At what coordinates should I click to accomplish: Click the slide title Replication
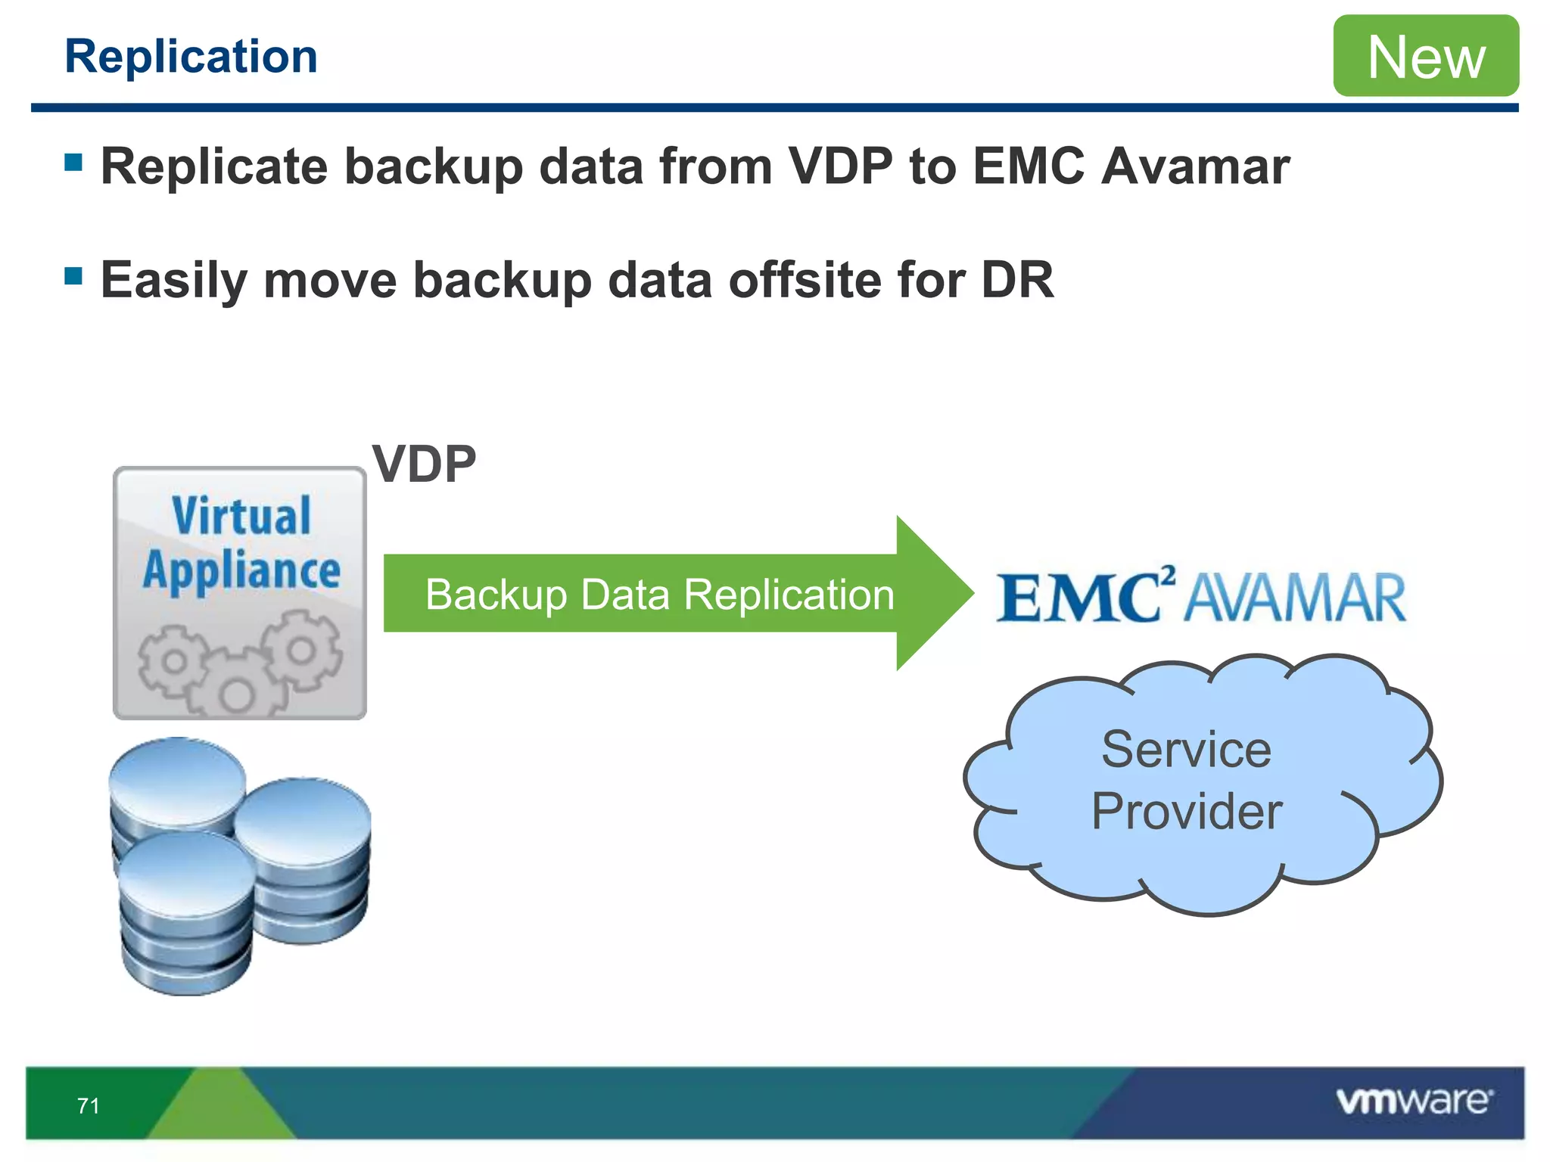[191, 57]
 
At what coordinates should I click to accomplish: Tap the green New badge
[1426, 56]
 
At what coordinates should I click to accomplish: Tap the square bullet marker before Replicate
[73, 162]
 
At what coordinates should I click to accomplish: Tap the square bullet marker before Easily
[73, 275]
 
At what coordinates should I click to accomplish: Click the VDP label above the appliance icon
[424, 464]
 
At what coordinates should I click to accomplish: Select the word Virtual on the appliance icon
[241, 516]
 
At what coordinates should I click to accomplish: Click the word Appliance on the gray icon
[241, 571]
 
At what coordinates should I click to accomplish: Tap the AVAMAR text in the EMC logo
[1295, 598]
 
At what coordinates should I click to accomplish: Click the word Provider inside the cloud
[1186, 812]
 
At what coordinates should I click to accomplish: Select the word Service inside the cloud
[1186, 750]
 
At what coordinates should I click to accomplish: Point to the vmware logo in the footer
[1414, 1101]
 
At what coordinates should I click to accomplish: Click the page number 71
[89, 1106]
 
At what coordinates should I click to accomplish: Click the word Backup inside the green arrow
[495, 595]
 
